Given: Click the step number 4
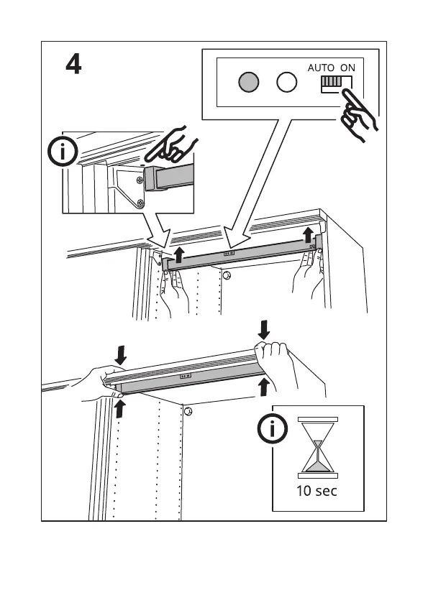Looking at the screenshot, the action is tap(73, 64).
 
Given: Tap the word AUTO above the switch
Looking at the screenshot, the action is tap(321, 68).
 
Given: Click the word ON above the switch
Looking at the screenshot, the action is tap(347, 68).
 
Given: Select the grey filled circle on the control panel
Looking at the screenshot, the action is tap(249, 82).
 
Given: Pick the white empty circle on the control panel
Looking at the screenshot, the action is tap(287, 82).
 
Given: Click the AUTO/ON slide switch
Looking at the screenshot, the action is tap(336, 84).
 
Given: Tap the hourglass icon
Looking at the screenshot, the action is tap(318, 447).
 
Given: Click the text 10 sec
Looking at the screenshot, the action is tap(317, 491).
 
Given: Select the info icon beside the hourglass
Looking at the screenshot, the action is tap(273, 428).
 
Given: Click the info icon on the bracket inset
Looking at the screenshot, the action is tap(63, 151).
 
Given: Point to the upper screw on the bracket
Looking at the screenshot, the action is tap(140, 180).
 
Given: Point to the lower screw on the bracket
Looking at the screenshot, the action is tap(141, 203).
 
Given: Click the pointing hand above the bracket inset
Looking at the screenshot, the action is tap(171, 144).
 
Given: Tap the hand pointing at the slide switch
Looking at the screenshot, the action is tap(358, 114).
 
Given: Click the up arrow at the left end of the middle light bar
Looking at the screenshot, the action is tap(178, 255).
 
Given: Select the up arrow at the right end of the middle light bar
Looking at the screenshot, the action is tap(308, 234).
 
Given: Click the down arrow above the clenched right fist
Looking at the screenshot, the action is tap(263, 330).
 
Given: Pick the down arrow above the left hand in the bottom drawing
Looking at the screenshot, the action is tap(120, 355).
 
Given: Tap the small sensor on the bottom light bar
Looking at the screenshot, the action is tap(186, 376).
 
